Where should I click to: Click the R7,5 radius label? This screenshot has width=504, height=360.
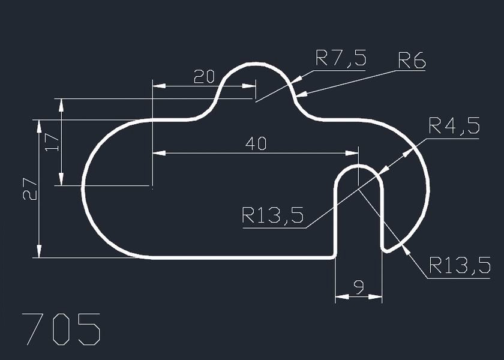(x=340, y=59)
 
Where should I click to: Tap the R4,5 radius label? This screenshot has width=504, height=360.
(x=454, y=127)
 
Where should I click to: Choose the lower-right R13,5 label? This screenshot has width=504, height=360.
(x=460, y=265)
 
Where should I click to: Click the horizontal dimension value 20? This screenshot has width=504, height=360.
(x=204, y=76)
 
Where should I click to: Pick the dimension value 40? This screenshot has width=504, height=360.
(x=256, y=143)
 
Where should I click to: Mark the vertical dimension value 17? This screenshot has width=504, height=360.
(x=52, y=142)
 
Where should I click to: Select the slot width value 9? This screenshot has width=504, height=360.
(x=359, y=288)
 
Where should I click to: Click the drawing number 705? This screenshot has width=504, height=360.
(x=61, y=329)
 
